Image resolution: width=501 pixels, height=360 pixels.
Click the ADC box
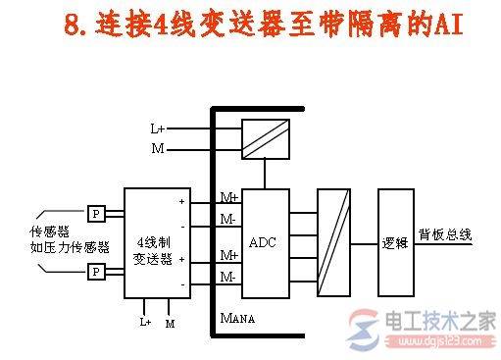tap(265, 241)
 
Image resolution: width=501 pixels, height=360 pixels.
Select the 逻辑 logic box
tap(394, 240)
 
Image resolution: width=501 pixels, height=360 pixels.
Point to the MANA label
tap(238, 318)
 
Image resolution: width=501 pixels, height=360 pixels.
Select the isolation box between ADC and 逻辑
tap(333, 241)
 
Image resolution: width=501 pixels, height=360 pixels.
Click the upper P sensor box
tap(96, 213)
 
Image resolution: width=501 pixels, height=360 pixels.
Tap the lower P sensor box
tap(96, 272)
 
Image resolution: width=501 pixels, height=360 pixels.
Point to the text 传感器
tap(50, 232)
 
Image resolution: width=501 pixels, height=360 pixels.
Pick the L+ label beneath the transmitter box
tap(144, 321)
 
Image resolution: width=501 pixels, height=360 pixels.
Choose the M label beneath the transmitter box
tap(170, 321)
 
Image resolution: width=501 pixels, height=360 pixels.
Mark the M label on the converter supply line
tap(157, 148)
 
